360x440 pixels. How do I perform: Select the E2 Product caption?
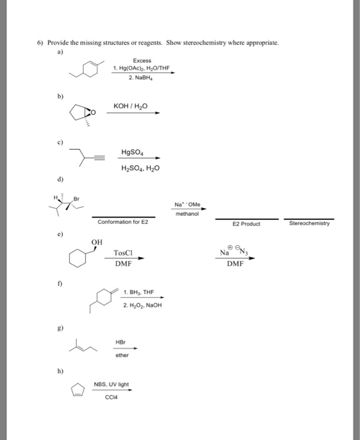[x=245, y=223]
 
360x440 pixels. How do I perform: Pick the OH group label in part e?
[x=96, y=242]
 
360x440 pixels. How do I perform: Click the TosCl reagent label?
[x=123, y=253]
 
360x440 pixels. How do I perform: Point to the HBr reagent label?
[x=122, y=342]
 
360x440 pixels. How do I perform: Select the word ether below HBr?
[x=122, y=355]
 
